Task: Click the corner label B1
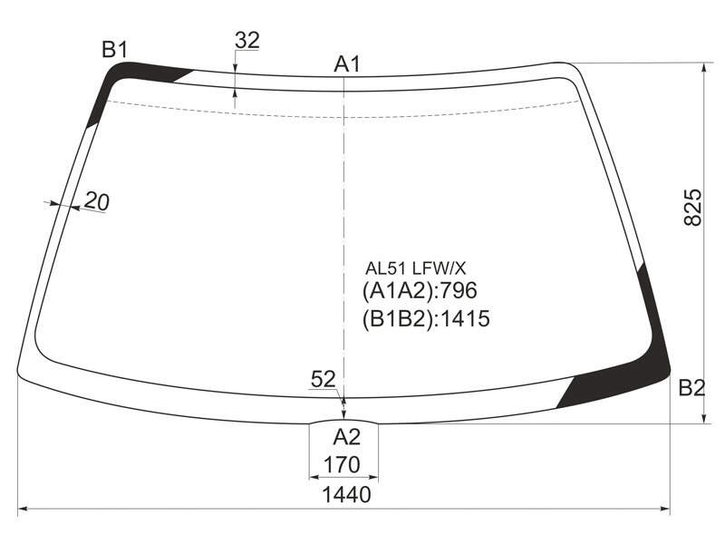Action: [x=114, y=50]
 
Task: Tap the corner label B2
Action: [x=691, y=388]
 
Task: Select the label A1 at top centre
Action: [x=347, y=64]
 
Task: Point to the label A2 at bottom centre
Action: [x=347, y=436]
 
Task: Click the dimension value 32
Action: [x=247, y=40]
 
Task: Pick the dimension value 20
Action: [x=97, y=201]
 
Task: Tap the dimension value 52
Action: [x=324, y=379]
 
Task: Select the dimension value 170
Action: [x=343, y=464]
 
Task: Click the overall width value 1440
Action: [x=346, y=494]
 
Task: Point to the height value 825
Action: [x=692, y=207]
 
